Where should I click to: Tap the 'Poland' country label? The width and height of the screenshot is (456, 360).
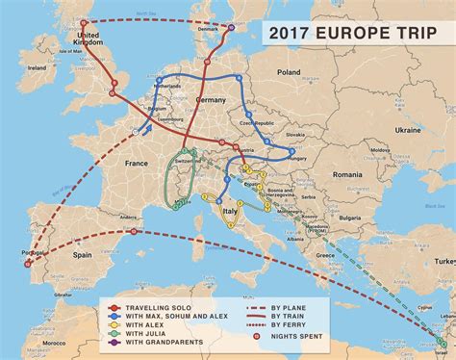coord(289,72)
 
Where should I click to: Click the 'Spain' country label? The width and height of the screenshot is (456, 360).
coord(82,254)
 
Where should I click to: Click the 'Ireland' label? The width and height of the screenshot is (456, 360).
coord(38,68)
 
